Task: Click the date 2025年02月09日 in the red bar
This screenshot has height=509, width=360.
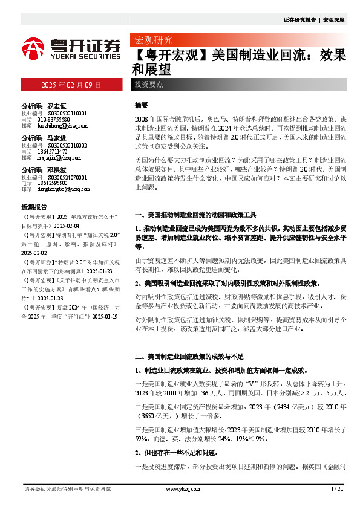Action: (71, 84)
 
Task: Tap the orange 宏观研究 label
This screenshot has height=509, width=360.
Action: (152, 42)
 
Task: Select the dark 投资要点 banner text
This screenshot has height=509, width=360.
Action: (149, 84)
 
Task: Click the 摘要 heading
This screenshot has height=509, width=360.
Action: (141, 105)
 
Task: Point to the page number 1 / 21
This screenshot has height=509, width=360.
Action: (338, 488)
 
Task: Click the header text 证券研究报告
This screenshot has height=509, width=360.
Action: (299, 20)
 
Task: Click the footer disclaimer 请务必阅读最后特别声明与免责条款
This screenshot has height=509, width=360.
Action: (59, 488)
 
